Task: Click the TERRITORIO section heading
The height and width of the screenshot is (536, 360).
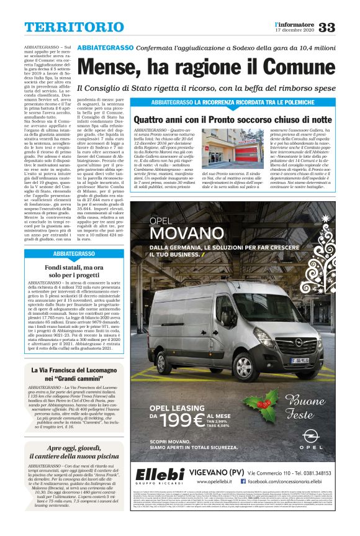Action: click(x=65, y=27)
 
